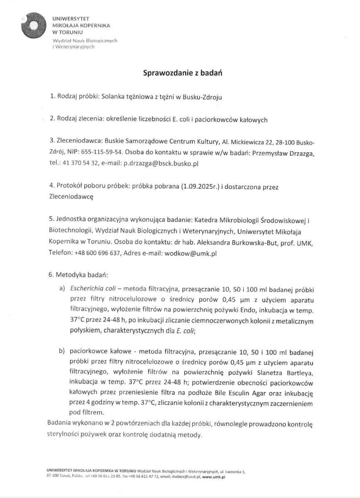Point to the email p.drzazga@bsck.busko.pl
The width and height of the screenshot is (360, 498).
(x=161, y=164)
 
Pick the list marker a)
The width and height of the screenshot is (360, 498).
(x=63, y=288)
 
